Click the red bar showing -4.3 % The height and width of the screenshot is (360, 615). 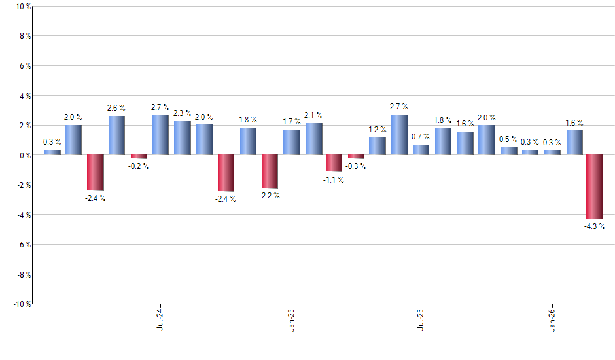click(x=594, y=187)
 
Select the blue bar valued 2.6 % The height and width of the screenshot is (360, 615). click(x=116, y=135)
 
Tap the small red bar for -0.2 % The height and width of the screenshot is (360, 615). click(x=139, y=157)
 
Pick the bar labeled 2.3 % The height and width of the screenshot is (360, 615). click(x=183, y=138)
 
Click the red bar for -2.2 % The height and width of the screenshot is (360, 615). click(x=270, y=171)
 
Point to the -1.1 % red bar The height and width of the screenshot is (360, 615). click(x=334, y=163)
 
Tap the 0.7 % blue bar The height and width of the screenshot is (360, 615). click(x=421, y=150)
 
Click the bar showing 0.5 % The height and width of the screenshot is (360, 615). click(x=508, y=151)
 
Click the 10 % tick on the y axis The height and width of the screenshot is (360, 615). click(x=22, y=7)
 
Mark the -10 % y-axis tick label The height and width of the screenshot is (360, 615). click(x=20, y=304)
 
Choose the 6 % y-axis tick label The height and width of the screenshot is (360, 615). click(x=24, y=66)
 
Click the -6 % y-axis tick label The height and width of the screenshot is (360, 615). click(x=22, y=245)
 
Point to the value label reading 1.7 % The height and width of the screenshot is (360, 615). click(x=292, y=122)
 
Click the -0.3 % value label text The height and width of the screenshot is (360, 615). click(x=356, y=166)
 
